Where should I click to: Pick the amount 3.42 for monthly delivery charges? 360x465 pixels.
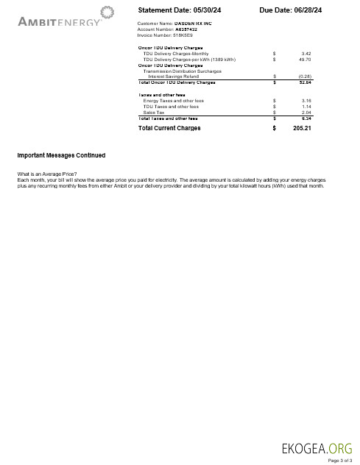(306, 54)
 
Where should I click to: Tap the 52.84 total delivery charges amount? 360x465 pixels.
(305, 82)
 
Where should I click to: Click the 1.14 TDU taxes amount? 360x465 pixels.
(306, 106)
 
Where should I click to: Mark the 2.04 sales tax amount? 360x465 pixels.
(306, 112)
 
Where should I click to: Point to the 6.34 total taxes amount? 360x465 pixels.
(306, 118)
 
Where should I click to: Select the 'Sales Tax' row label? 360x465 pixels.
(153, 112)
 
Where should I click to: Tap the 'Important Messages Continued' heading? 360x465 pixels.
(61, 155)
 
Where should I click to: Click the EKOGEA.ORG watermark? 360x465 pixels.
(317, 447)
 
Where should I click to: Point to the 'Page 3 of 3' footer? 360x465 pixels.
(340, 460)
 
